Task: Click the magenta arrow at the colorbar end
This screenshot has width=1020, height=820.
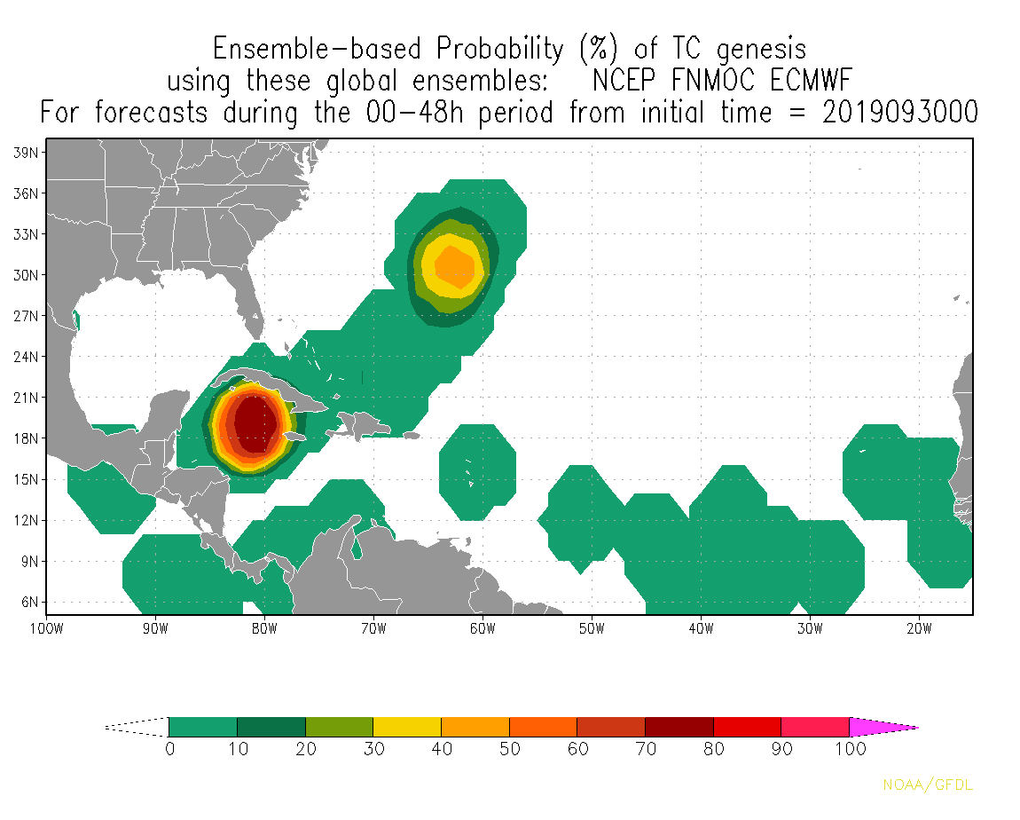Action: pyautogui.click(x=883, y=728)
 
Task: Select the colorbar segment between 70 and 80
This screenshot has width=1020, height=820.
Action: pyautogui.click(x=679, y=727)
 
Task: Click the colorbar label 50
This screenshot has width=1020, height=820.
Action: pyautogui.click(x=510, y=748)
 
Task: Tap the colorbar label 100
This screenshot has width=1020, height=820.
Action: pyautogui.click(x=850, y=748)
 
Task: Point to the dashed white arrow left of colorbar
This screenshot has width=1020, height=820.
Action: pyautogui.click(x=137, y=727)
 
